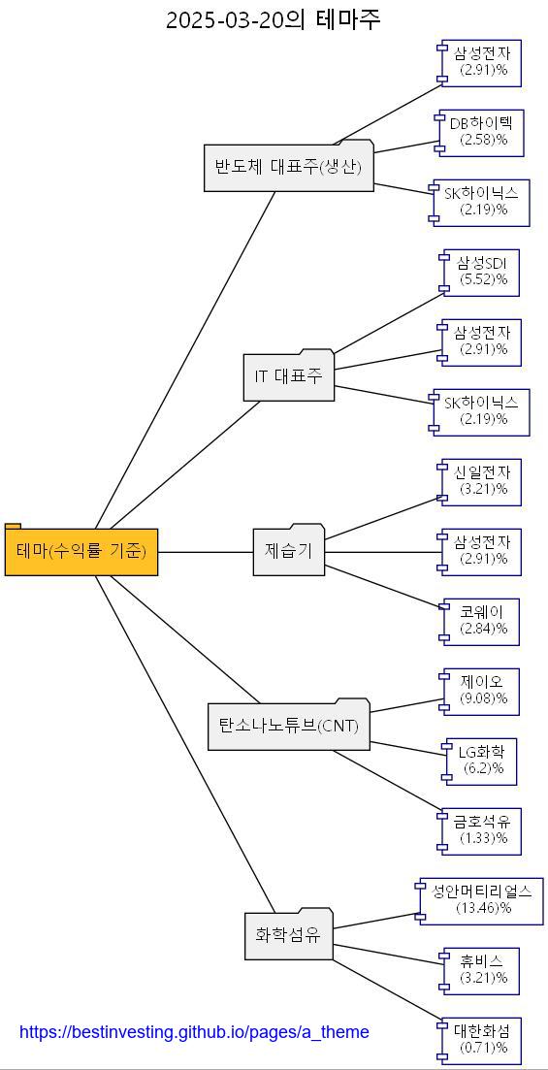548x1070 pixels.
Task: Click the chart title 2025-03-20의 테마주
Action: point(274,19)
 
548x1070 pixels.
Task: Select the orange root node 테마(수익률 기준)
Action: point(81,552)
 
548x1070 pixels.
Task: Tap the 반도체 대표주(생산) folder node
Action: point(288,168)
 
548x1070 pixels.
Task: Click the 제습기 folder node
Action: point(288,552)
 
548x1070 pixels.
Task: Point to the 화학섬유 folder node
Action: point(288,936)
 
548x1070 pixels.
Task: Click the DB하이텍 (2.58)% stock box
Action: point(481,133)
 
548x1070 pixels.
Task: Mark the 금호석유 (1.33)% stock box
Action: point(481,831)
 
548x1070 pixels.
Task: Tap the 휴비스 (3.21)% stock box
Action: point(481,971)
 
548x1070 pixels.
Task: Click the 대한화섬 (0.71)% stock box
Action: point(481,1041)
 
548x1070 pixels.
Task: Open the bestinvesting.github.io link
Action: point(194,1032)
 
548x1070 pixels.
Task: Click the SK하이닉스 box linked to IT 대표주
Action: point(481,412)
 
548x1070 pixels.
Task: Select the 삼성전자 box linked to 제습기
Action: point(481,552)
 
